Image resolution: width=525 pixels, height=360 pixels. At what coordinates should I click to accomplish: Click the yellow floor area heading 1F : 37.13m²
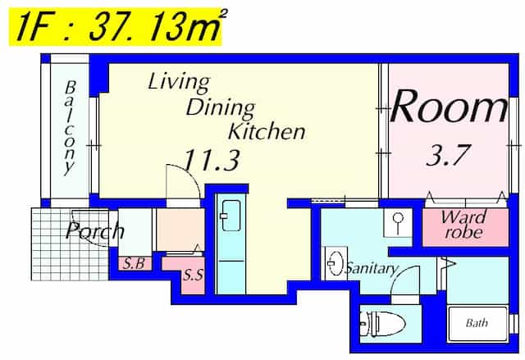pyautogui.click(x=115, y=27)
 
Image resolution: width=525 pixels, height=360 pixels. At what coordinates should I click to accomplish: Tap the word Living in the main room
pyautogui.click(x=179, y=82)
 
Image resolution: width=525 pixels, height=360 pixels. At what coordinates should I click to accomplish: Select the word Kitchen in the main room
pyautogui.click(x=267, y=132)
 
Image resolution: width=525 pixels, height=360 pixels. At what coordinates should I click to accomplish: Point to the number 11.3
pyautogui.click(x=212, y=160)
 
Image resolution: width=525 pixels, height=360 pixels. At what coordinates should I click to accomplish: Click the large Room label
pyautogui.click(x=449, y=107)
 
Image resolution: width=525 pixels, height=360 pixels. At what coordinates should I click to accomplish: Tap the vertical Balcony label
pyautogui.click(x=70, y=128)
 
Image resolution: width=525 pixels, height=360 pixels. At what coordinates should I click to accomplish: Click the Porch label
pyautogui.click(x=95, y=230)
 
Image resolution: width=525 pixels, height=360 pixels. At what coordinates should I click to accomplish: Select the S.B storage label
pyautogui.click(x=134, y=264)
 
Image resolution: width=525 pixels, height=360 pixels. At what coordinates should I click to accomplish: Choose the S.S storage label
pyautogui.click(x=193, y=275)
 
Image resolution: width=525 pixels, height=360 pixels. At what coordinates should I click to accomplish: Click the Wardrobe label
pyautogui.click(x=463, y=225)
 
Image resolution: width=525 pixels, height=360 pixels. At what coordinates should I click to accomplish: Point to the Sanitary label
pyautogui.click(x=372, y=268)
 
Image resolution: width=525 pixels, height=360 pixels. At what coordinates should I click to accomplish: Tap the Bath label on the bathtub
pyautogui.click(x=477, y=323)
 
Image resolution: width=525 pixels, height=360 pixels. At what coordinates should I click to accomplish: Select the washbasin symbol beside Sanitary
pyautogui.click(x=335, y=263)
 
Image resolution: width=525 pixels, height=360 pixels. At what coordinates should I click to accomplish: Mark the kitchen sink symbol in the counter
pyautogui.click(x=231, y=216)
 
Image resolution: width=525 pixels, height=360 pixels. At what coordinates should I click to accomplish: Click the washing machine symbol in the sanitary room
pyautogui.click(x=397, y=223)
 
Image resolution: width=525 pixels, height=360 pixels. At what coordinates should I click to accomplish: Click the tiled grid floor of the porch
pyautogui.click(x=70, y=244)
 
